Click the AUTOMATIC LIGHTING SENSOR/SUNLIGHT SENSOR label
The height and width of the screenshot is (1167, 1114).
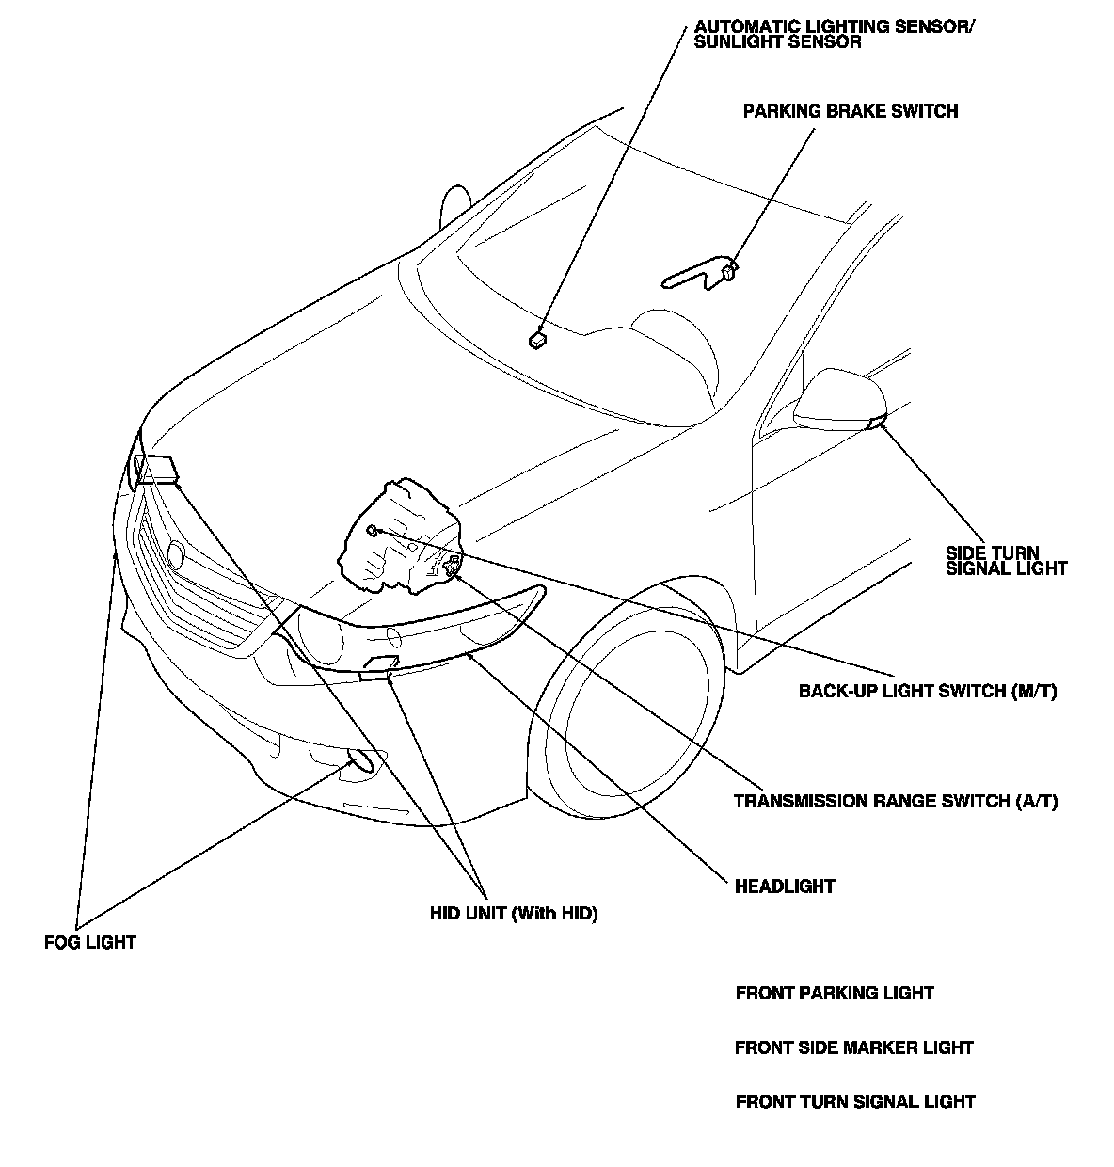click(834, 35)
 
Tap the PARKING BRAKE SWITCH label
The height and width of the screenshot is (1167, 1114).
click(850, 111)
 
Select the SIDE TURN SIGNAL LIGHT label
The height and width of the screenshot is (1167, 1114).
click(1006, 560)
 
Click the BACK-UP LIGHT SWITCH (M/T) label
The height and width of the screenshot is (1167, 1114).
click(928, 692)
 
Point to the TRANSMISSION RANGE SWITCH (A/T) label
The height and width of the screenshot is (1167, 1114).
click(896, 802)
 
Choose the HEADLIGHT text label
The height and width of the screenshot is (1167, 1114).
click(785, 887)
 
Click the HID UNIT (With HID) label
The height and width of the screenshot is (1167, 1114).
click(514, 913)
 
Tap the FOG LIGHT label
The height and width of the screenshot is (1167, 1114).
click(90, 942)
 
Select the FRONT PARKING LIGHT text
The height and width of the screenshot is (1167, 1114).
click(835, 993)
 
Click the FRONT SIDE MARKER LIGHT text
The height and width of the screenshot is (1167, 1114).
click(853, 1047)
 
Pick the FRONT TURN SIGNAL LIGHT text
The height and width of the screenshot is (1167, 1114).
click(855, 1102)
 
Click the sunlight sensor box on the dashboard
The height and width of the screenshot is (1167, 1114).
click(537, 339)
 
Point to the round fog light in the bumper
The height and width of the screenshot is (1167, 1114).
click(362, 760)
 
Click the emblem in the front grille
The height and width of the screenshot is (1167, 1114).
click(175, 554)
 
